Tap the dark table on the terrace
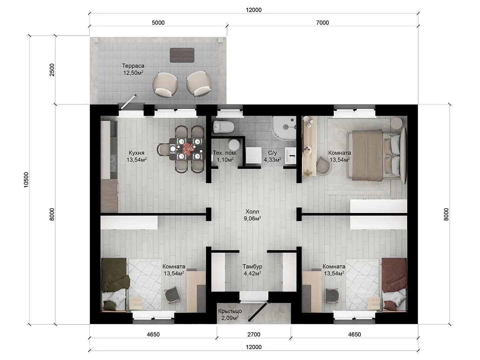tap(182, 55)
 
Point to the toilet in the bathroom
tap(223, 127)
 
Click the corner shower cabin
tap(284, 128)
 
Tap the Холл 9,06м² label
tap(252, 215)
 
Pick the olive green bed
tap(114, 284)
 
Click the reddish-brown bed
tap(394, 284)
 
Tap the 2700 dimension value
tap(254, 334)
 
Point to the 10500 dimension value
tap(26, 180)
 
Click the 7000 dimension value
tap(322, 23)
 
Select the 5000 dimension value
tap(158, 23)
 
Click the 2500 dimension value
tap(52, 70)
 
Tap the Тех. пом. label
tap(225, 153)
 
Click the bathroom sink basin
tap(291, 155)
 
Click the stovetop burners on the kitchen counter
tap(113, 163)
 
